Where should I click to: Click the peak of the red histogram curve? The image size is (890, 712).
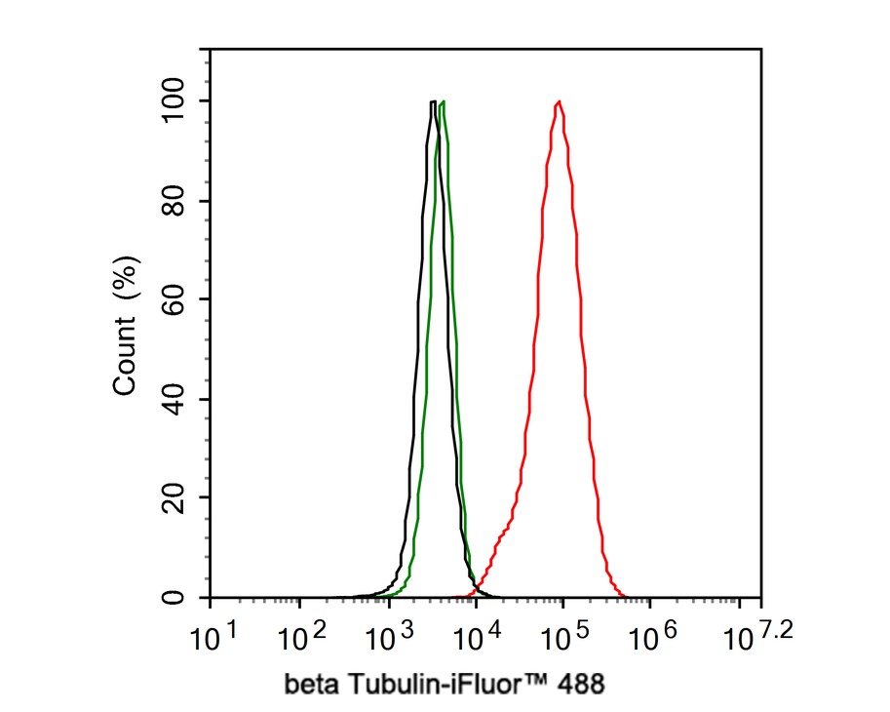click(559, 101)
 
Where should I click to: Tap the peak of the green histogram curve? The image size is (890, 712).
click(444, 101)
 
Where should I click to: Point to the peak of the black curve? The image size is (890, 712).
click(432, 101)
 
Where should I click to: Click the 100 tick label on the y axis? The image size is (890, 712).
click(174, 101)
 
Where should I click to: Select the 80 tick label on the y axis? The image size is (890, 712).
click(174, 201)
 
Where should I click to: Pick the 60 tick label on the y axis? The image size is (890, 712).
click(174, 299)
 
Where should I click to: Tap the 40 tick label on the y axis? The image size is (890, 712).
click(174, 399)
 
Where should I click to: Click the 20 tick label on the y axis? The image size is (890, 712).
click(174, 497)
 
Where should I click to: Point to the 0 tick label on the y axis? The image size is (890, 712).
click(174, 597)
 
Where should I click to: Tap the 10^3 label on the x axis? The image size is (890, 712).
click(388, 640)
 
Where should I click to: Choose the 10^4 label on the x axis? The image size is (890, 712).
click(476, 640)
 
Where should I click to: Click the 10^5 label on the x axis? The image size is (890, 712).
click(563, 640)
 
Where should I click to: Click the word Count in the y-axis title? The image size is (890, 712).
click(125, 361)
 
